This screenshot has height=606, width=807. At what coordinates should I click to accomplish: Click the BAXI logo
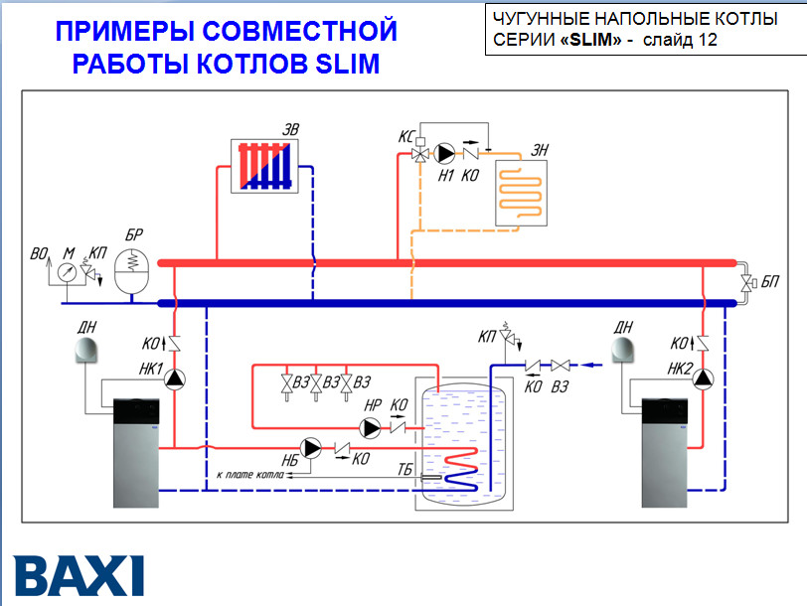point(79,574)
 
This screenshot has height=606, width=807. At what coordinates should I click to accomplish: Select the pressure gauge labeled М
point(68,270)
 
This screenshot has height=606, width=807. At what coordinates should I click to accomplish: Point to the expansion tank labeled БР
point(130,269)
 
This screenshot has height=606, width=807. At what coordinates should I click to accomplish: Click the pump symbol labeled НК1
point(175,378)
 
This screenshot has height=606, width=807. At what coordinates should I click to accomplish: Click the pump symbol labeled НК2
point(704,378)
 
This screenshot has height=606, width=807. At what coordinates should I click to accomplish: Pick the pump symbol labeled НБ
point(312,448)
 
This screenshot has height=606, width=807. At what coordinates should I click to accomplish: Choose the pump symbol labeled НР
point(372,428)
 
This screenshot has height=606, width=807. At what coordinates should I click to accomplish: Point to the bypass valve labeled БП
point(745,283)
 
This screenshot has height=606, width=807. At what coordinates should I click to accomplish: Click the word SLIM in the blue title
point(347,65)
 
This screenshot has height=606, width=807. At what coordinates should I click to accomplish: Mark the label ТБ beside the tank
point(405,468)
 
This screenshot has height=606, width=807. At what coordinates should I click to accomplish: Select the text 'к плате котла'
point(248,475)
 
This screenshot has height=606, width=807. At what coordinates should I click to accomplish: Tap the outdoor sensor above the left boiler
point(86,351)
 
